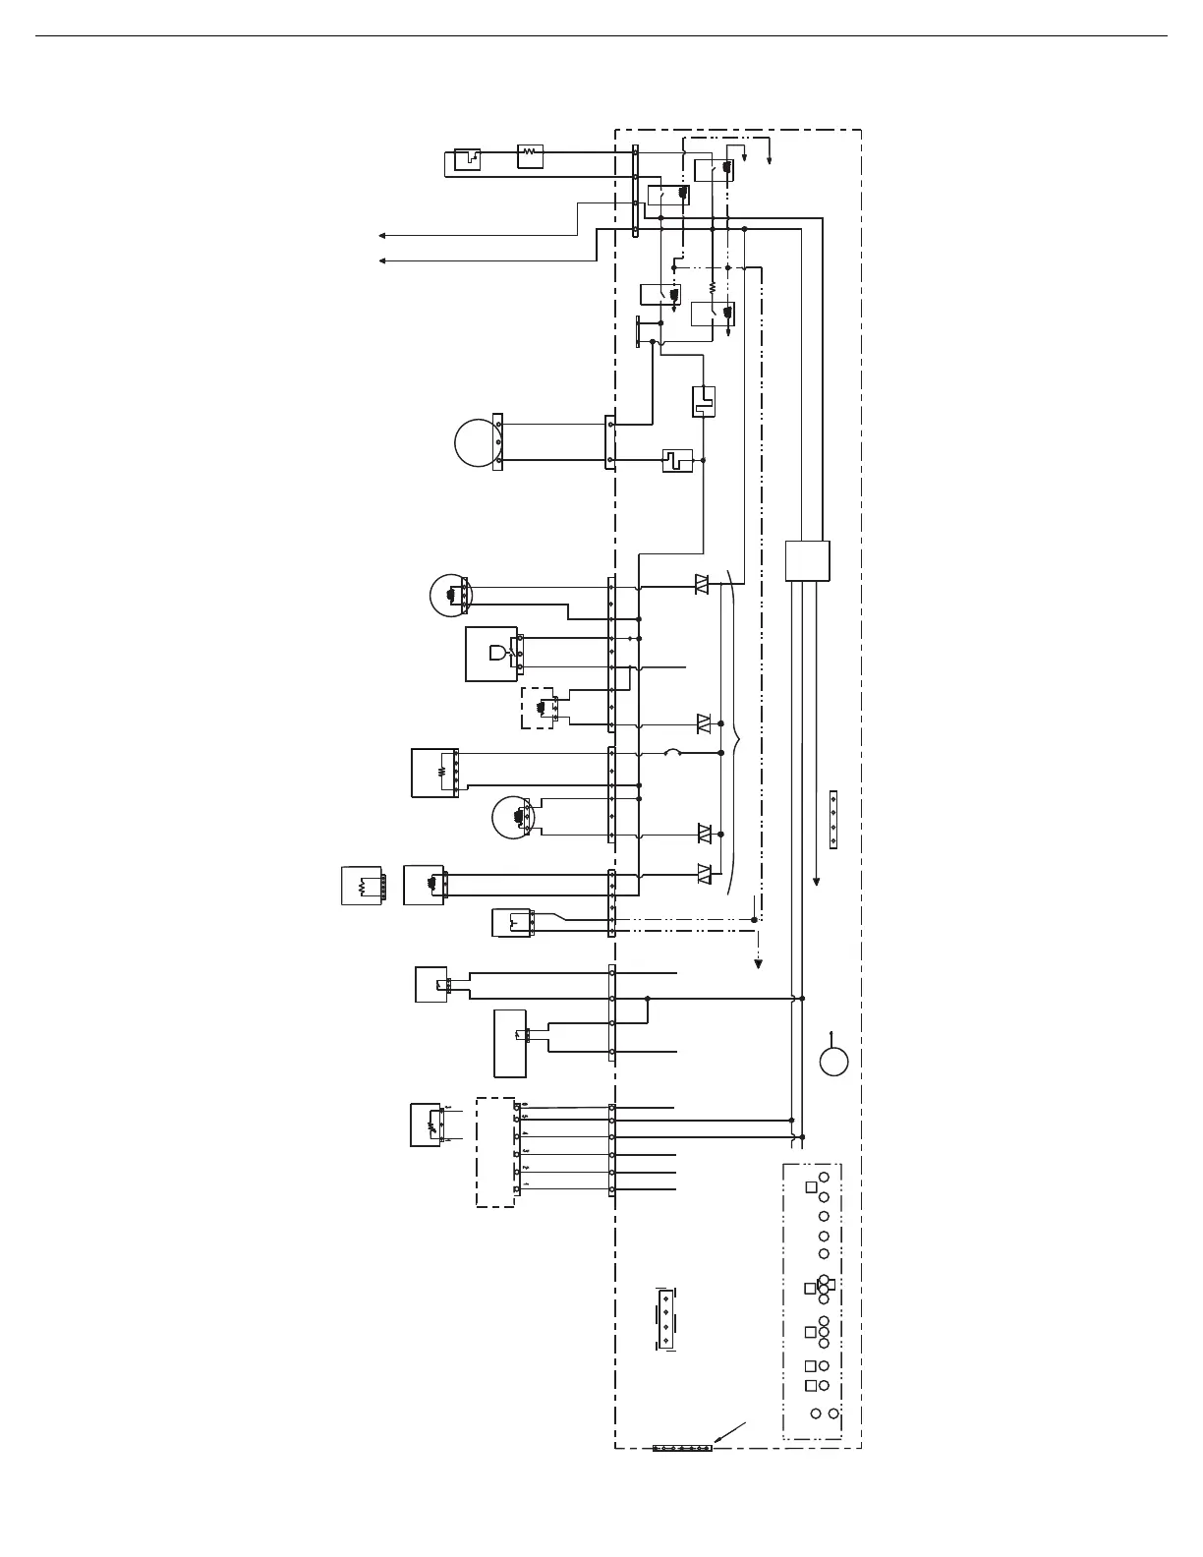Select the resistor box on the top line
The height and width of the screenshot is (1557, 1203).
pos(530,152)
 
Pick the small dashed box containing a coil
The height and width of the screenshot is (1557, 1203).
pos(538,708)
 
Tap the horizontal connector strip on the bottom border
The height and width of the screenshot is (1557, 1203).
pos(682,1448)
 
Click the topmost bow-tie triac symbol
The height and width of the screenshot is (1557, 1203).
pos(703,584)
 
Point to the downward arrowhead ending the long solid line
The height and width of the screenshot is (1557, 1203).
pos(816,882)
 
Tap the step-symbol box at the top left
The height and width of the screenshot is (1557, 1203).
pos(467,159)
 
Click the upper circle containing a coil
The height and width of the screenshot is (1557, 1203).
pos(451,595)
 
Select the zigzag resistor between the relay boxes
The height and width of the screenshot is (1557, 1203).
pos(713,289)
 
